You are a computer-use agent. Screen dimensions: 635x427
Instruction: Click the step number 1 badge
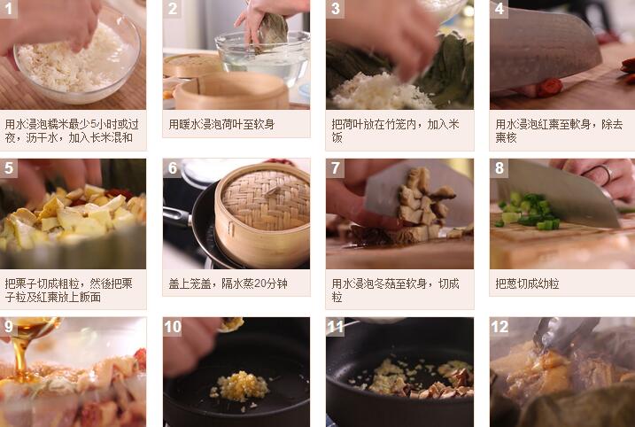[9, 9]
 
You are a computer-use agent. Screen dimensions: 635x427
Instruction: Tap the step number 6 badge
[173, 167]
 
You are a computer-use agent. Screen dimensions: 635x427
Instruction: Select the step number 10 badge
[173, 327]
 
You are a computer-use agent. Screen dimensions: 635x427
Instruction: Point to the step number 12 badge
[499, 327]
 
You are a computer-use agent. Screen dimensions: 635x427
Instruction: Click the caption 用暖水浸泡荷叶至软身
[221, 124]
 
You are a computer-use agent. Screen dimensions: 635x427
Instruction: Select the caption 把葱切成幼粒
[527, 283]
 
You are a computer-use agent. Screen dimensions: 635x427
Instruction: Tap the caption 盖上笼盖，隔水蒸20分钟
[228, 283]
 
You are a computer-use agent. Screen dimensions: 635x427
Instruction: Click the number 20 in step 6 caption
[260, 283]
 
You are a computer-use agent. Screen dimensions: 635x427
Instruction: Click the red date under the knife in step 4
[549, 87]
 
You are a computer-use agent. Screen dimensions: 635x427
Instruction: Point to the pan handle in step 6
[177, 216]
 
